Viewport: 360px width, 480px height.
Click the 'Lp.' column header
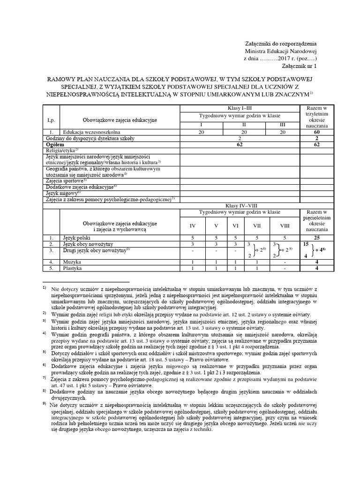coord(51,120)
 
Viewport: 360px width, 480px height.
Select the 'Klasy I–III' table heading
coord(240,108)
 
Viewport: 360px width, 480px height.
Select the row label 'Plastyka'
coord(73,269)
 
